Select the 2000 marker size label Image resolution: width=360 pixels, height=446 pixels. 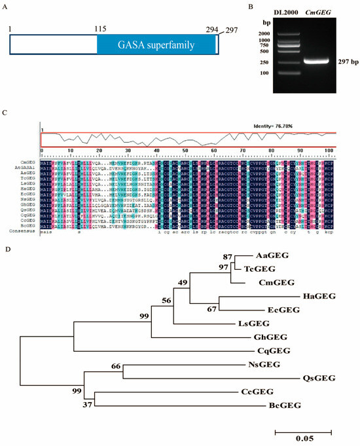tap(263, 33)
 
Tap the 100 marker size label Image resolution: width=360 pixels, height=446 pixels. tap(264, 72)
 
